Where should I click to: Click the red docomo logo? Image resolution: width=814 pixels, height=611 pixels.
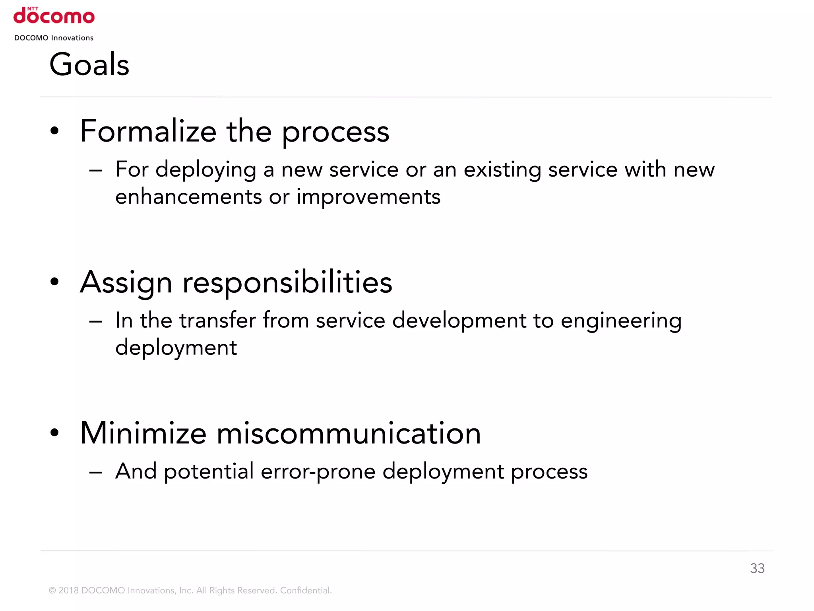click(54, 16)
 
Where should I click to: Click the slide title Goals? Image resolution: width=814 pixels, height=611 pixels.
click(89, 64)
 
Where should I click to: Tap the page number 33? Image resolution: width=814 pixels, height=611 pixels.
click(757, 568)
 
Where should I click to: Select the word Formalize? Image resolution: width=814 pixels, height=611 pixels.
click(148, 132)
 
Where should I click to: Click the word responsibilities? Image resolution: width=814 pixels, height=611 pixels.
click(287, 283)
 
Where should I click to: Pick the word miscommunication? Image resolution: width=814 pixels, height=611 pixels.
click(348, 434)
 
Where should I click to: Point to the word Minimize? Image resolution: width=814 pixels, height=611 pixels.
click(143, 434)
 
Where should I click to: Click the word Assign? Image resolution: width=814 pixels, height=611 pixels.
click(126, 283)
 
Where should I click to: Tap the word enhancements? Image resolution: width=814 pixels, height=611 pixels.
click(189, 197)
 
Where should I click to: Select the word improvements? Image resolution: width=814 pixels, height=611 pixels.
click(368, 197)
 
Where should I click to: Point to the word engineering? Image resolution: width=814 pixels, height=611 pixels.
click(621, 321)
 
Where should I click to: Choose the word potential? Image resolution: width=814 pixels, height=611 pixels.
click(209, 472)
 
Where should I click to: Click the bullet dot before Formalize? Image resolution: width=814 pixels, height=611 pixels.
click(54, 131)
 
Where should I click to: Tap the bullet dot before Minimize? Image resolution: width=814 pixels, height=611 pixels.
click(54, 433)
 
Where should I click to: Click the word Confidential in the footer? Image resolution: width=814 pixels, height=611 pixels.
click(305, 590)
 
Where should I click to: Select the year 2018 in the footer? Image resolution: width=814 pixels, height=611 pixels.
click(68, 590)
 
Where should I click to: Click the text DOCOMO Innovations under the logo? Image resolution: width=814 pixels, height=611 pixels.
click(54, 38)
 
